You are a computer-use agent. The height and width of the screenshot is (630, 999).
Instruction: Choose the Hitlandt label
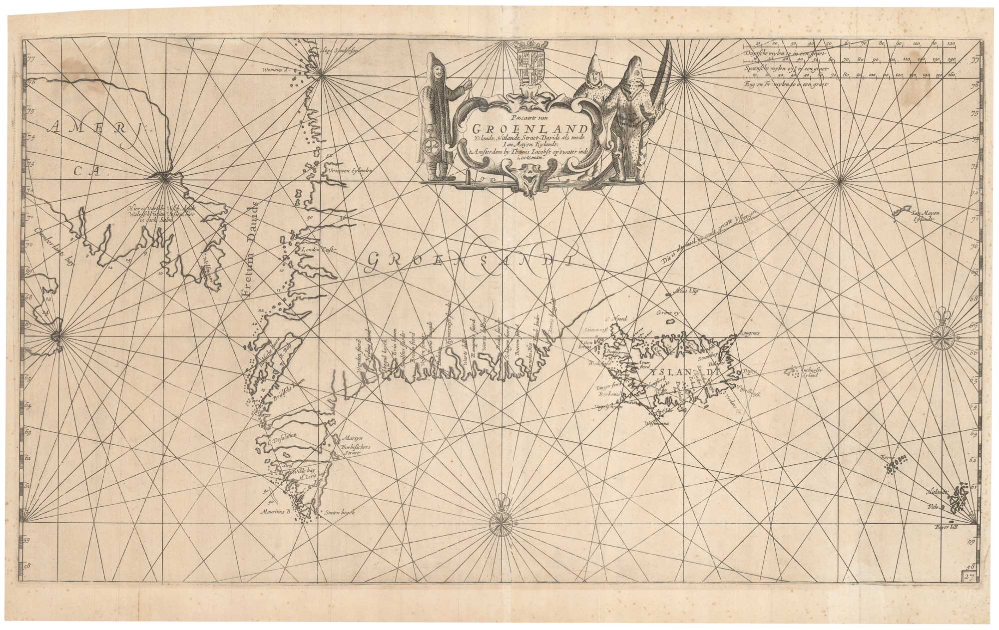pos(935,491)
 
